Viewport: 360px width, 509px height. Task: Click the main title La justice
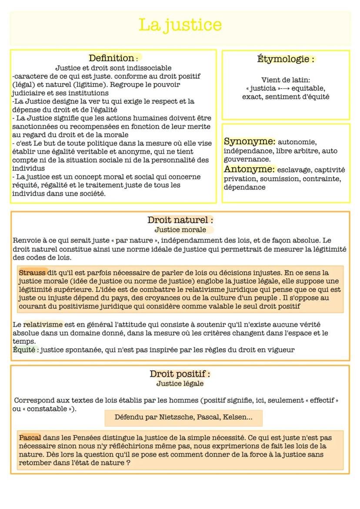[x=180, y=25]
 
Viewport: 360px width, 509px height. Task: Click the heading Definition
[x=112, y=58]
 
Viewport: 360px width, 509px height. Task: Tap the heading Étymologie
[x=286, y=59]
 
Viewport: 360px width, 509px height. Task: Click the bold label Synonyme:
[x=250, y=142]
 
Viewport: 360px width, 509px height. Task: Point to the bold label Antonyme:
[x=250, y=170]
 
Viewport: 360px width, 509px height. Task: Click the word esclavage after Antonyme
[x=294, y=170]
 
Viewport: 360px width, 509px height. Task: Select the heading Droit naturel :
[x=180, y=220]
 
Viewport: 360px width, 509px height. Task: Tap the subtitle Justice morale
[x=180, y=230]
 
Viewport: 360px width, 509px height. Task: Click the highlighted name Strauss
[x=32, y=273]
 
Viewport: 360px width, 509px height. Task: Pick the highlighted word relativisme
[x=43, y=324]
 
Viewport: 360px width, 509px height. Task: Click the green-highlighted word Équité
[x=24, y=349]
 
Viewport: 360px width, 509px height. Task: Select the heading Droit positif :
[x=180, y=374]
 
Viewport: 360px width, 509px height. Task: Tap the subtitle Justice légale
[x=180, y=383]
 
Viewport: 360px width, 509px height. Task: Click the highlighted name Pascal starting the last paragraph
[x=30, y=438]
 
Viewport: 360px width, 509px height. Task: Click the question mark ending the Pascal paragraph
[x=128, y=463]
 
